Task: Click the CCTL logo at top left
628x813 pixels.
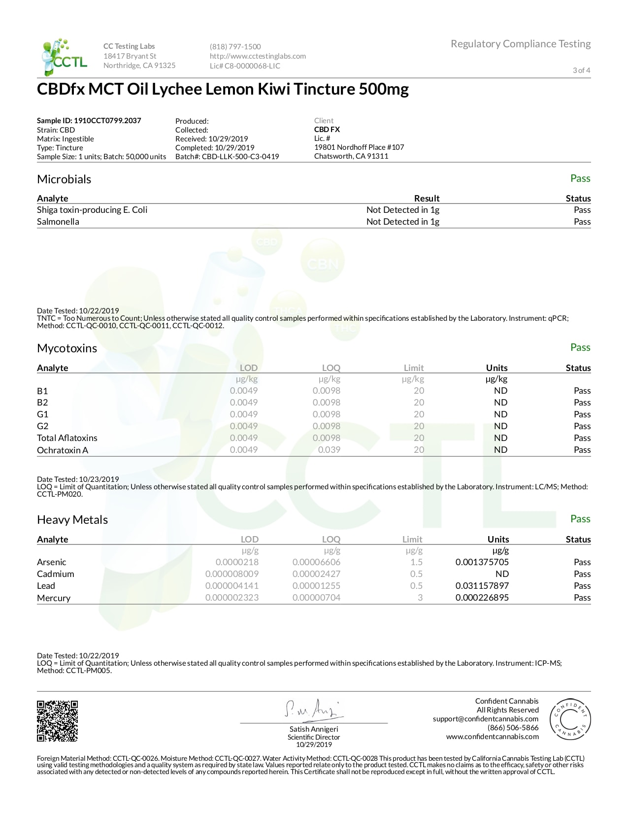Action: pos(64,57)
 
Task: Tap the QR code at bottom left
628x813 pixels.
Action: pos(57,721)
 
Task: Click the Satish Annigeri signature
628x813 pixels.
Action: pos(313,709)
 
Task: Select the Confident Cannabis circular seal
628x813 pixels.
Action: pos(570,719)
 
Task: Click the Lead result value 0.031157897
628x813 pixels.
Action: pos(482,586)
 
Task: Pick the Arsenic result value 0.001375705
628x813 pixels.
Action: pos(482,562)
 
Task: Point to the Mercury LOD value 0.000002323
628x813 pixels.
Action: pos(231,598)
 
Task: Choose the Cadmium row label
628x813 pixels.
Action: pos(56,574)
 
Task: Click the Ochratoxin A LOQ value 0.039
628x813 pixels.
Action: pos(329,450)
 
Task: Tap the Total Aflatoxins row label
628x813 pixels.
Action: pos(67,438)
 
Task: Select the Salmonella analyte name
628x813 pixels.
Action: pos(58,222)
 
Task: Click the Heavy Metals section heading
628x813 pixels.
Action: pos(72,520)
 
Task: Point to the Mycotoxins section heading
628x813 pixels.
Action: pos(67,348)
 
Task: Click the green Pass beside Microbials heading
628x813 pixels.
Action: pos(580,178)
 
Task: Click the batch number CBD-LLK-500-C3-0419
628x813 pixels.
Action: pos(240,157)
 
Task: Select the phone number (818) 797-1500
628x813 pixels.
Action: pos(235,47)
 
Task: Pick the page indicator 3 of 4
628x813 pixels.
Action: pos(581,70)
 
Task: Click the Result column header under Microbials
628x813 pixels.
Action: pos(427,199)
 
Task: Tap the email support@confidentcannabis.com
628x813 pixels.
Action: pos(485,719)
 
